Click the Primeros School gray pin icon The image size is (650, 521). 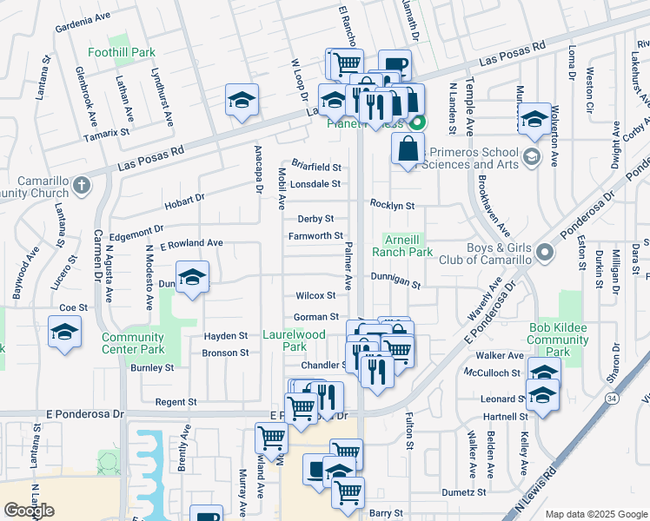532,157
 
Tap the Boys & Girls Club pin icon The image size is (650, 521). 545,254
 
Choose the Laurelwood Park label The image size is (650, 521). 293,339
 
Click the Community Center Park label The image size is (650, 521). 133,343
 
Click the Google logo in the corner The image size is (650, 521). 30,511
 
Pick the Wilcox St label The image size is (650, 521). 315,296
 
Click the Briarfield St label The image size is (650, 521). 316,166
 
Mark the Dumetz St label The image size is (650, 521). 463,492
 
